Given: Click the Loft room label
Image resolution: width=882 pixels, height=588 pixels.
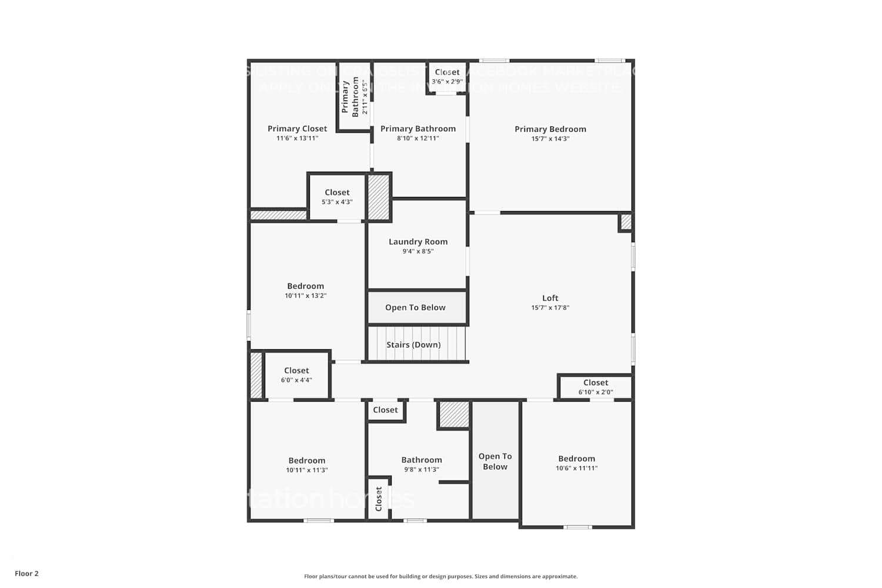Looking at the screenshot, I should tap(550, 298).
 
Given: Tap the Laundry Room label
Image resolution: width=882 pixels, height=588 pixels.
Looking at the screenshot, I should tap(418, 242).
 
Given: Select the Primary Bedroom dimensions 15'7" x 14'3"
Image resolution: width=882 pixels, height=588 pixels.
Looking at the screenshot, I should tap(550, 139).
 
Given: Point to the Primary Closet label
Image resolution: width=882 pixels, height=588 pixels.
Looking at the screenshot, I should tap(297, 129).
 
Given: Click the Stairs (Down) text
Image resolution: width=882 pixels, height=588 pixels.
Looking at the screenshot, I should tap(413, 345).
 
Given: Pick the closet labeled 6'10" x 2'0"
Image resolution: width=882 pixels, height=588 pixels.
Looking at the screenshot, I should tap(596, 387).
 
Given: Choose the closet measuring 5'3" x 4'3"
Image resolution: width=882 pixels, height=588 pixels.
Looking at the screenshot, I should tap(337, 197).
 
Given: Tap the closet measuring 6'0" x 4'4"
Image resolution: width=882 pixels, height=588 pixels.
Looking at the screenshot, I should tap(296, 375).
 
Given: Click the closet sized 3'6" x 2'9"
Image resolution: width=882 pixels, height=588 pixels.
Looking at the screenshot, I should tap(447, 77).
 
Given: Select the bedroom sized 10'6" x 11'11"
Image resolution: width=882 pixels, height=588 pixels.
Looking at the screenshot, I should tap(576, 463).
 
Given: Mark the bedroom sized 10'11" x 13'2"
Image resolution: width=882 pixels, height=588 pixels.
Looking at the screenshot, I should tap(305, 290).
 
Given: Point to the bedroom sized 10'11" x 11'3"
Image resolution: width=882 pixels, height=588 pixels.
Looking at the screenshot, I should tap(306, 465).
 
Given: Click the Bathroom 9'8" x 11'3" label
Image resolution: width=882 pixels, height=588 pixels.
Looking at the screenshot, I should tap(422, 465).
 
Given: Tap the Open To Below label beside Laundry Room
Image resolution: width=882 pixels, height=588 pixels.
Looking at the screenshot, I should tap(415, 308).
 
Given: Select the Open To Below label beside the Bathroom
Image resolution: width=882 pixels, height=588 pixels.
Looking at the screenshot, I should tap(495, 462).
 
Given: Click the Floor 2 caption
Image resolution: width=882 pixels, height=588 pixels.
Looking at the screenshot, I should tap(26, 573).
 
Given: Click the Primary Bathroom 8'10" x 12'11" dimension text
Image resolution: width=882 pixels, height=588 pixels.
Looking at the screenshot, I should tap(418, 139).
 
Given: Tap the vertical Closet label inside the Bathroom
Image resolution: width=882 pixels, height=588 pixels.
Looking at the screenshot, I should tap(379, 499).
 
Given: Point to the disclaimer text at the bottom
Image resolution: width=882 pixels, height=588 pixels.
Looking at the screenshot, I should tap(440, 576).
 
